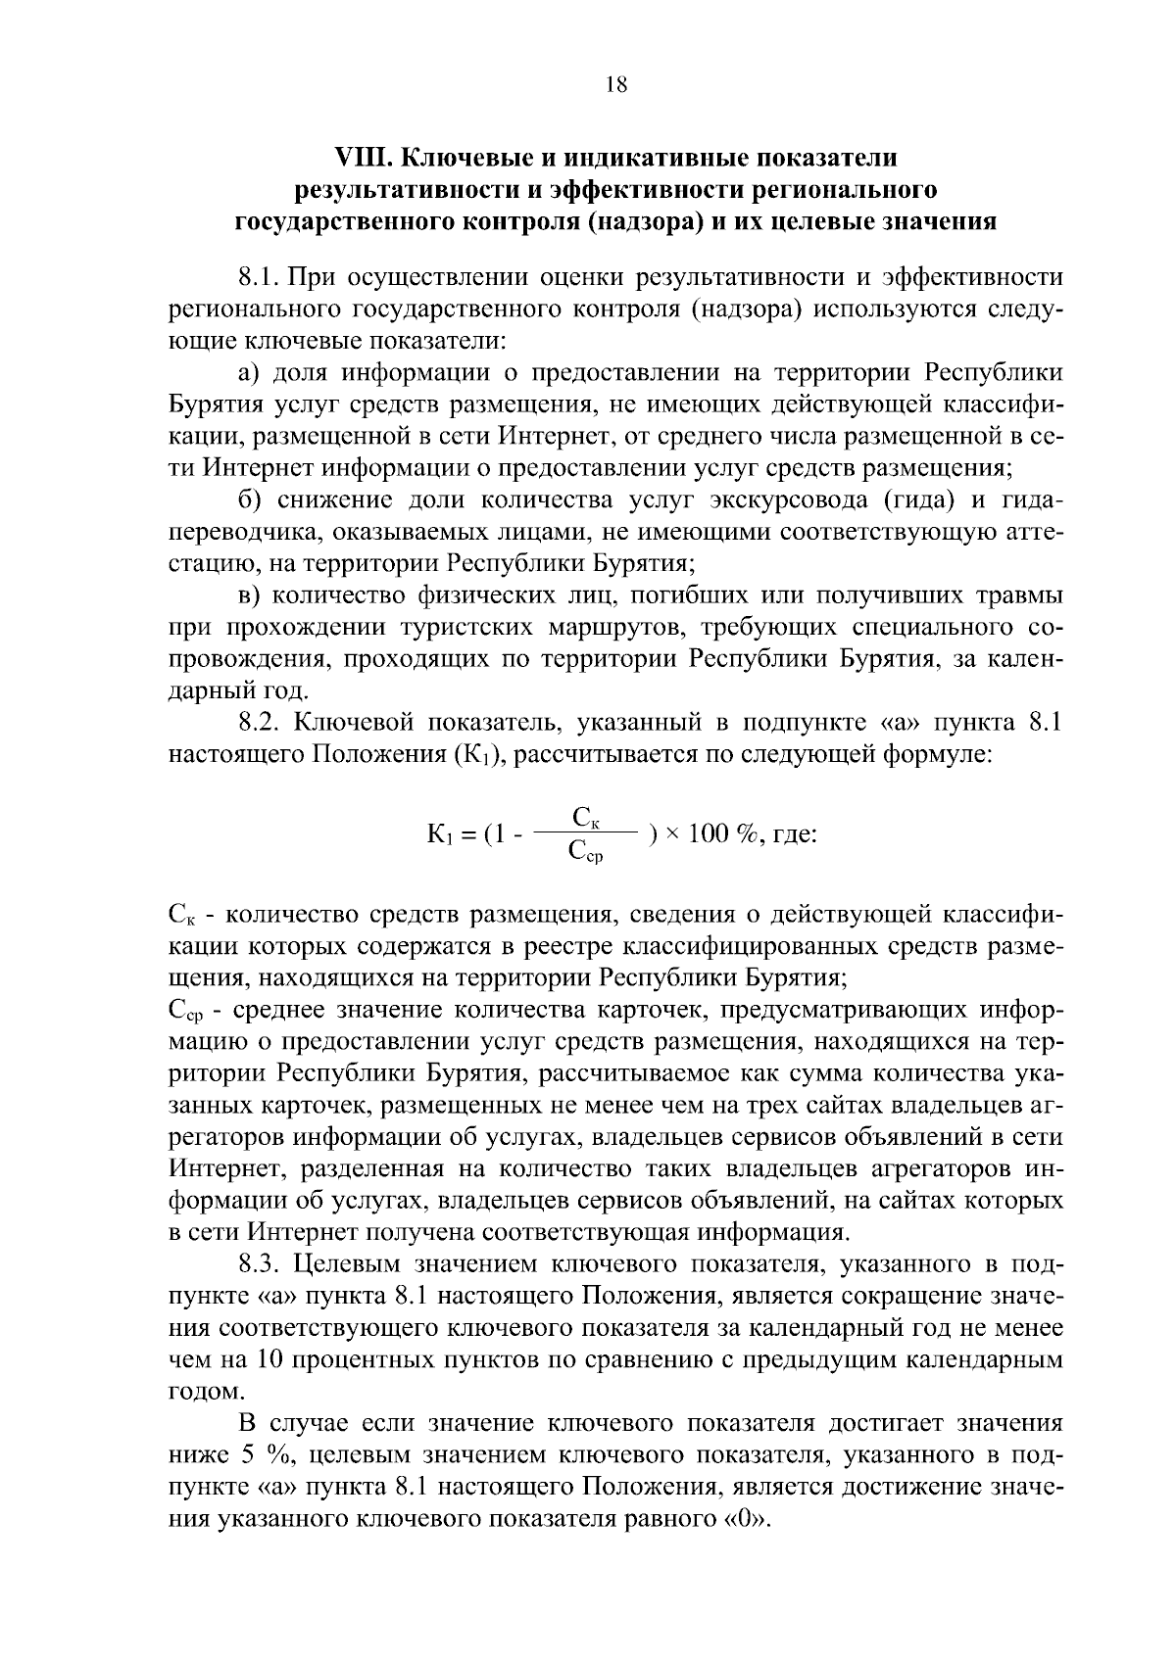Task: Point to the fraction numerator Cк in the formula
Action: pyautogui.click(x=586, y=816)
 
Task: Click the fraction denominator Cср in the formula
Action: pyautogui.click(x=585, y=854)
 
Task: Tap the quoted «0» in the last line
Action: pyautogui.click(x=753, y=1520)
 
